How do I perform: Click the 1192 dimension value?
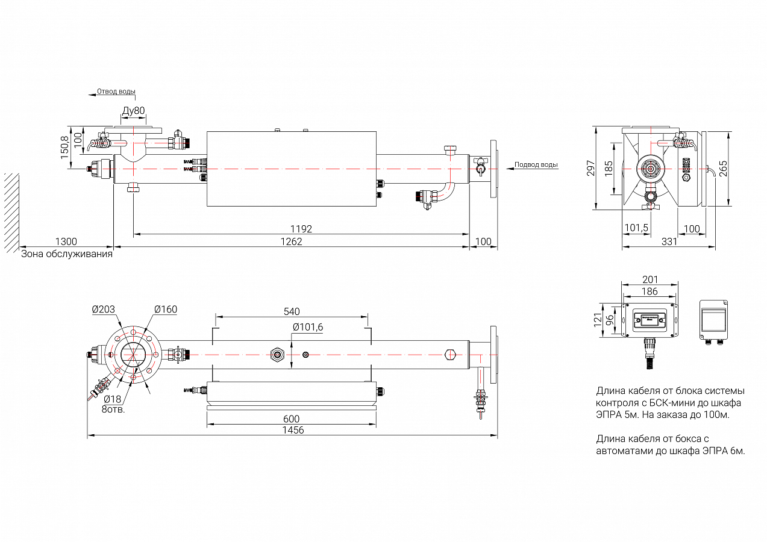tap(301, 229)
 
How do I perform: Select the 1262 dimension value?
tap(292, 241)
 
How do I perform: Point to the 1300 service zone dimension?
tap(66, 241)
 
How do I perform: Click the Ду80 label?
tap(133, 111)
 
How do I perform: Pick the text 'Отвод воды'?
tap(116, 92)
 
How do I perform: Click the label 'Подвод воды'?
tap(536, 164)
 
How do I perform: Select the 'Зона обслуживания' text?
tap(67, 254)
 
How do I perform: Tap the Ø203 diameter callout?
tap(104, 310)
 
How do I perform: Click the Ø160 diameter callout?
tap(165, 310)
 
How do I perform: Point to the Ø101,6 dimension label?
tap(307, 327)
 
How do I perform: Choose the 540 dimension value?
tap(292, 311)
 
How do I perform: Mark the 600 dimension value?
tap(291, 419)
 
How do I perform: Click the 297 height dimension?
tap(591, 168)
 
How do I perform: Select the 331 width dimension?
tap(669, 241)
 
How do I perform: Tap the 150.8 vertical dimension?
tap(64, 148)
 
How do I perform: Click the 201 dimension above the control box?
tap(650, 279)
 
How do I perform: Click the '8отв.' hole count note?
tap(113, 410)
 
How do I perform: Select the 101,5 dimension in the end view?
tap(636, 228)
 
